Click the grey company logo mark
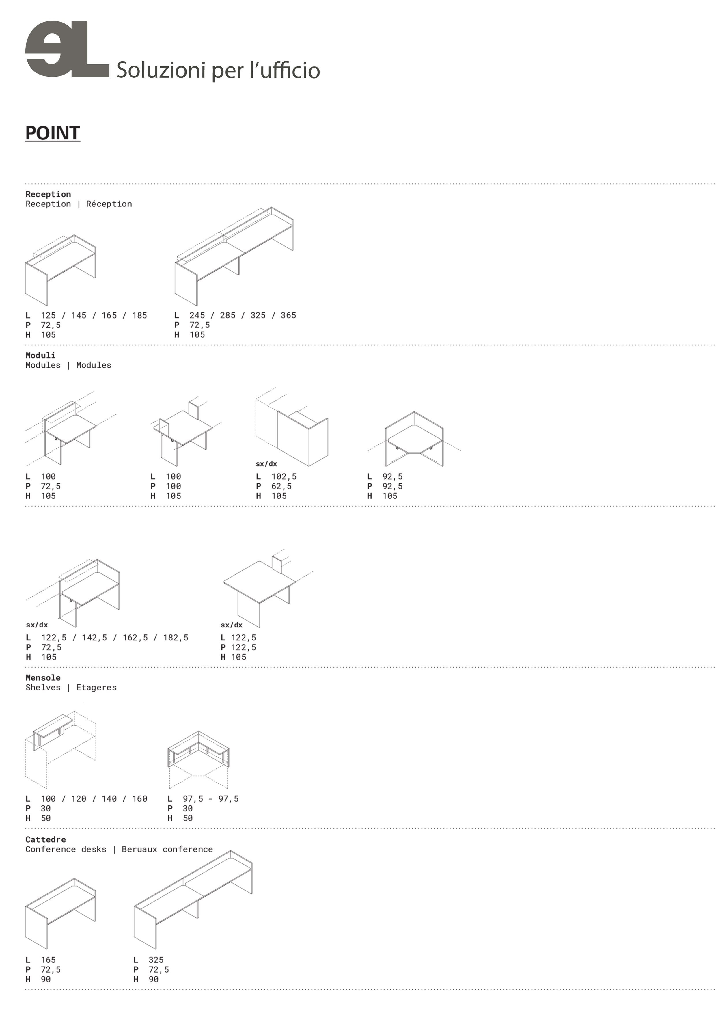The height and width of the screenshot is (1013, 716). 67,49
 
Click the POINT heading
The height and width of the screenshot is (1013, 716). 53,133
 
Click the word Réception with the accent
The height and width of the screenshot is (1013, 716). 109,204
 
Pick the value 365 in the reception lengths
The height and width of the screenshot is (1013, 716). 288,315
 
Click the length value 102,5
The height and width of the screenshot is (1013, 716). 284,476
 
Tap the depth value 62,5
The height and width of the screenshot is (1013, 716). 281,486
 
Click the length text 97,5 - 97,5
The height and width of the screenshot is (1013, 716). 211,798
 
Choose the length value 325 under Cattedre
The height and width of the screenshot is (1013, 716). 156,960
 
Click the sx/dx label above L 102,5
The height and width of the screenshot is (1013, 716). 266,464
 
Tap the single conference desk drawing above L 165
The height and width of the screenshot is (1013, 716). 60,913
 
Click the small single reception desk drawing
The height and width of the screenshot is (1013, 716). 60,270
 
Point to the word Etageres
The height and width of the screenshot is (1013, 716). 97,687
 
